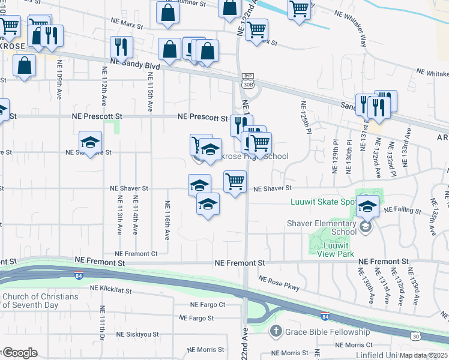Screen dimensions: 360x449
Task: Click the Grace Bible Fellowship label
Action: coord(327,332)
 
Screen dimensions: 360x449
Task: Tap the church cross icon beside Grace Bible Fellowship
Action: coord(276,331)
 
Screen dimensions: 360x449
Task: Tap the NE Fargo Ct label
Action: coord(207,305)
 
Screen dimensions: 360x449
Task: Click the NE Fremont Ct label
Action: coord(136,254)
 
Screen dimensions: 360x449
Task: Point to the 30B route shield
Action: coord(247,84)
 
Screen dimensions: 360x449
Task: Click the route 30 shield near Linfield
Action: coord(415,337)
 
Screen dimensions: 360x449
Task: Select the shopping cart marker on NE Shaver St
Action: coord(235,181)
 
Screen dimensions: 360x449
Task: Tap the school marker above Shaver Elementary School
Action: coord(367,206)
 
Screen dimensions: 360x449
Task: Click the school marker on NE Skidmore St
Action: coord(90,143)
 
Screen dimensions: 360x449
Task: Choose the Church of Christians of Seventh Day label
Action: coord(40,301)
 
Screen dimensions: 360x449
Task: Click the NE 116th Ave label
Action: coord(166,220)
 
